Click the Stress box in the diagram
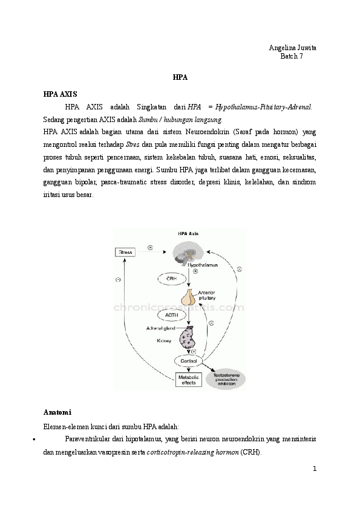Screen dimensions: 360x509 [126, 251]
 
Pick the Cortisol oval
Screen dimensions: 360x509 [186, 361]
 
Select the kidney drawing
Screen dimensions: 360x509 [187, 337]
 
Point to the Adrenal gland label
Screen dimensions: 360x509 [160, 328]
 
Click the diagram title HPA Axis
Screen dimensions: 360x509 [188, 233]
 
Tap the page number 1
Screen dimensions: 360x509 [315, 468]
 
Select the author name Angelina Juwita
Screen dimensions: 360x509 [292, 48]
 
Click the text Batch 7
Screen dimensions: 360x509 [291, 56]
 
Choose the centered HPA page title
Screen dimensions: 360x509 [180, 78]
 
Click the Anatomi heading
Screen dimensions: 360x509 [57, 412]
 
